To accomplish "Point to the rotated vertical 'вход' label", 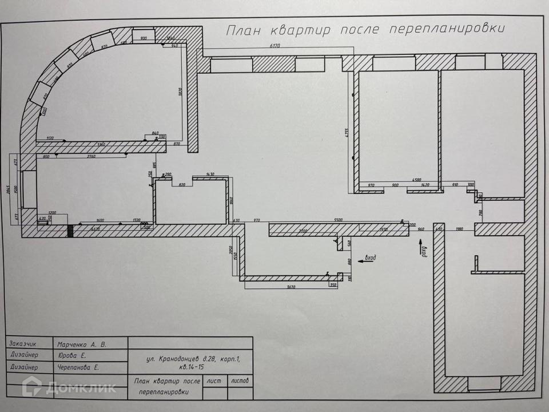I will click(424, 249).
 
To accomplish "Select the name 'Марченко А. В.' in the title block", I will click(82, 344).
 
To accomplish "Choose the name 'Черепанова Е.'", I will click(78, 368).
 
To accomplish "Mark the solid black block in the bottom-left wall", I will click(70, 231).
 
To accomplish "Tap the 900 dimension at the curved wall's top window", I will click(144, 38).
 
